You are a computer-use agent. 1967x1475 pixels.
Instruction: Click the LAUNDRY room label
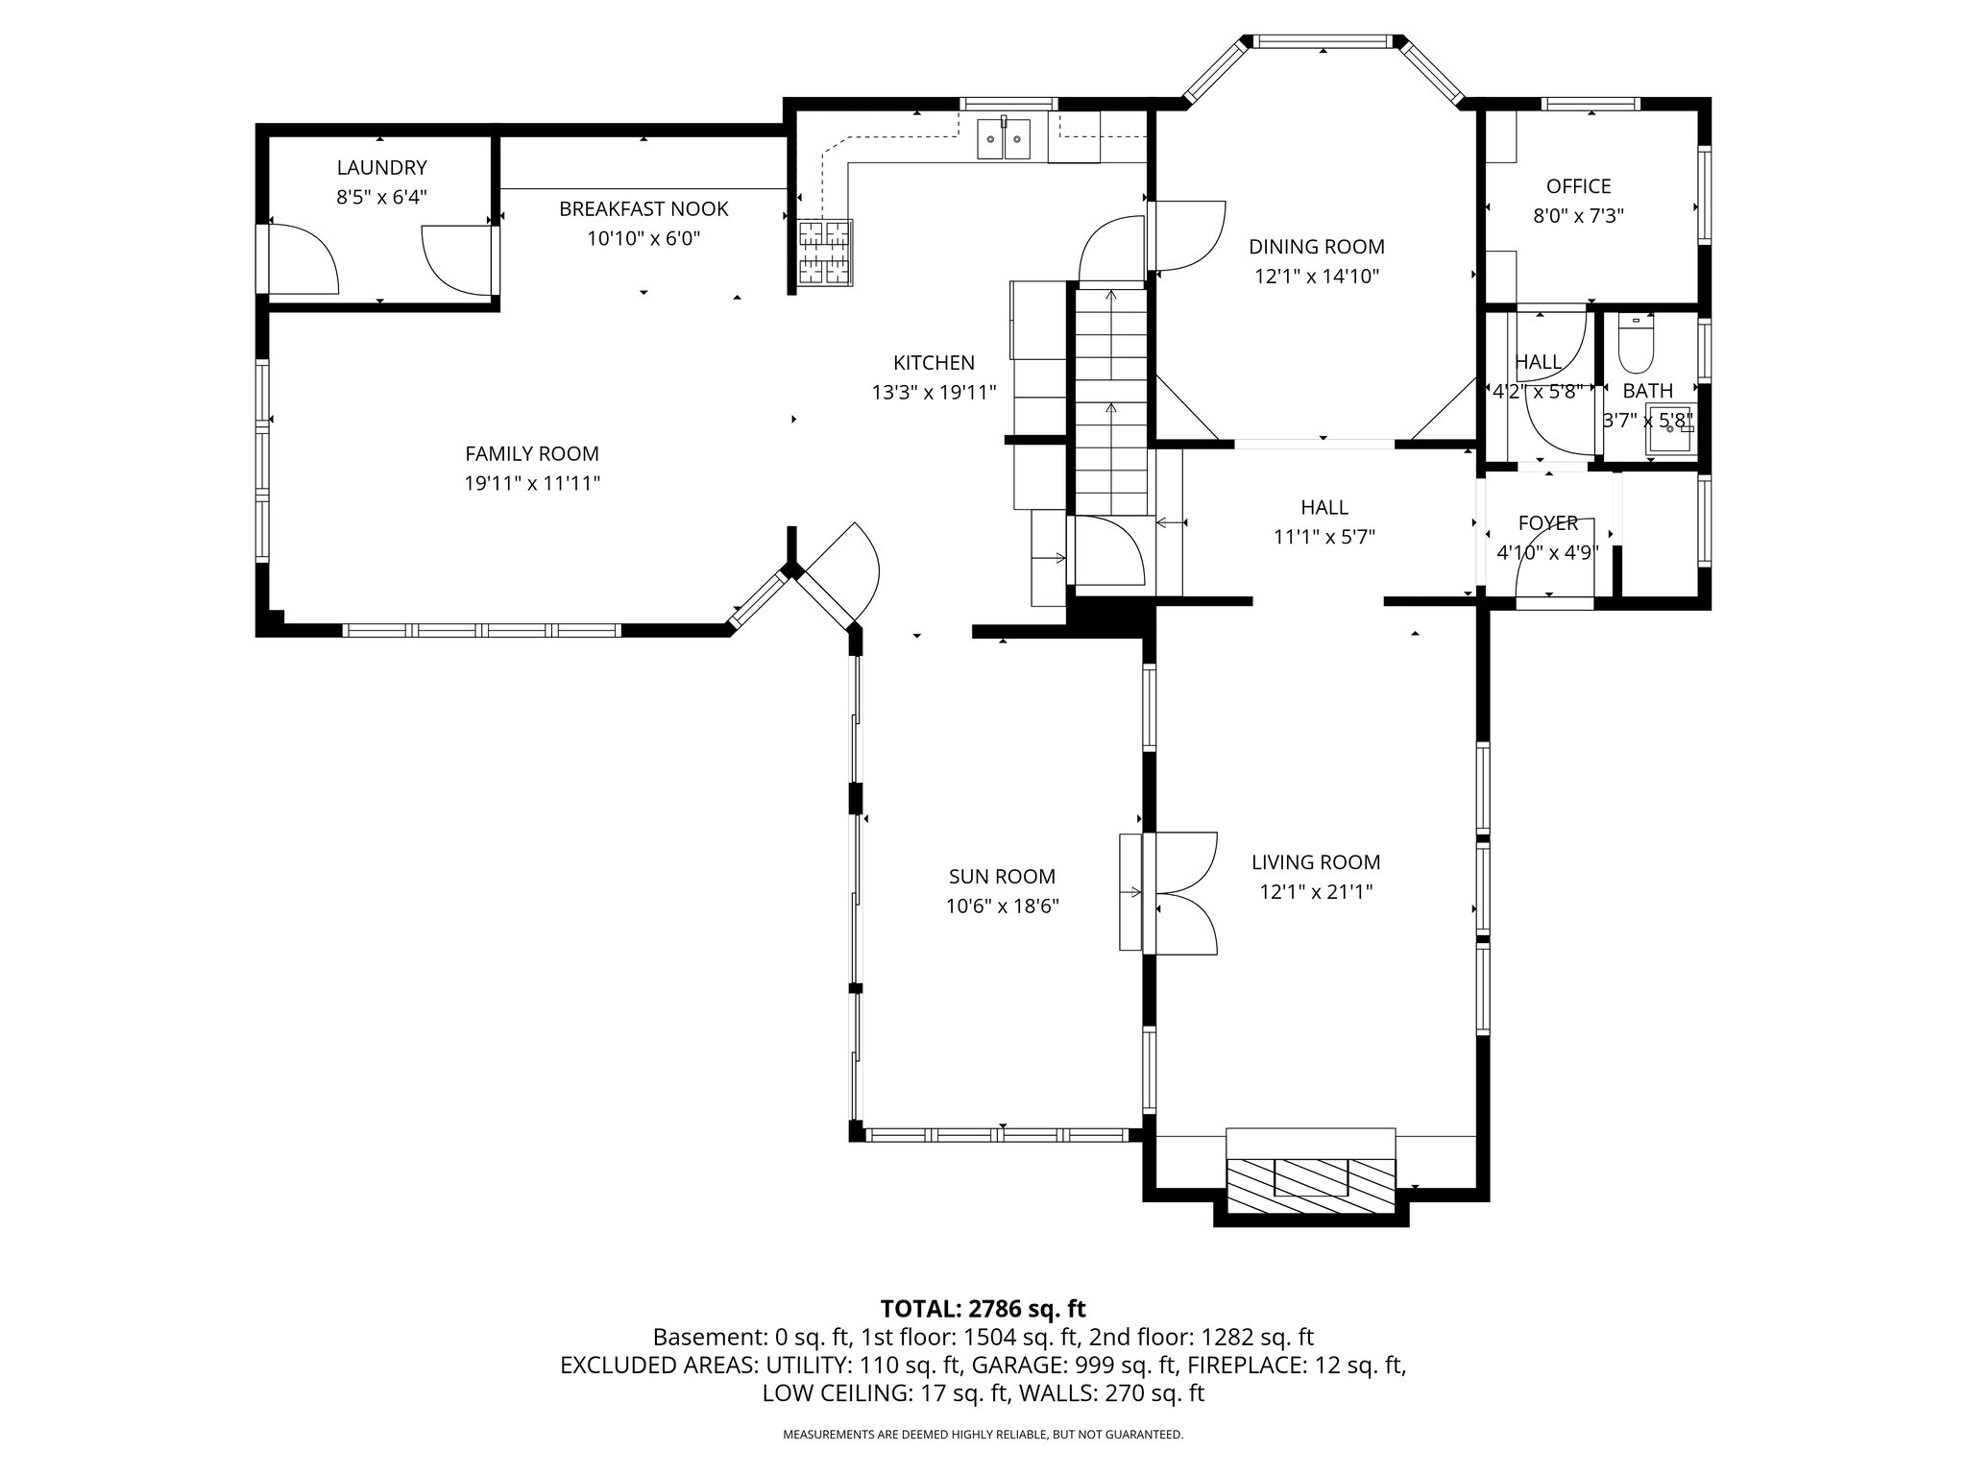(381, 168)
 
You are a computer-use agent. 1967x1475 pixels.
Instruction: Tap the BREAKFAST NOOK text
(644, 208)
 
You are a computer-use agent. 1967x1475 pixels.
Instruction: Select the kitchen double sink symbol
(1005, 139)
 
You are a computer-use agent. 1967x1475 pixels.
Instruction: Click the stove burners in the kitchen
(825, 253)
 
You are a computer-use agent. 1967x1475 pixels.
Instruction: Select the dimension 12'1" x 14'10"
(1317, 277)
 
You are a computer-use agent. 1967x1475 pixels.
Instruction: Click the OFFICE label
(1578, 186)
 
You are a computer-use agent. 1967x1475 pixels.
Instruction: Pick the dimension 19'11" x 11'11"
(532, 483)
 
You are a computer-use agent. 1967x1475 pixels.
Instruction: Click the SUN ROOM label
(1002, 876)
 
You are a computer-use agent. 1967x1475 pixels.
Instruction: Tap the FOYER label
(1547, 523)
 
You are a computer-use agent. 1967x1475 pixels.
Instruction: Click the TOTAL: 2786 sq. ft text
(983, 1308)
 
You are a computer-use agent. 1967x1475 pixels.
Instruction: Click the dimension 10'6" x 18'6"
(1002, 906)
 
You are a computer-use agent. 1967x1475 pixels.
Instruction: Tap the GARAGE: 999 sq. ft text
(1075, 1365)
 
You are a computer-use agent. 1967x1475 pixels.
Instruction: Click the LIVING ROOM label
(1316, 862)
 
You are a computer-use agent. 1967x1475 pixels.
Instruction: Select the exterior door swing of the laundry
(302, 257)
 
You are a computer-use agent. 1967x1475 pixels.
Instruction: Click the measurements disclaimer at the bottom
(983, 1435)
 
